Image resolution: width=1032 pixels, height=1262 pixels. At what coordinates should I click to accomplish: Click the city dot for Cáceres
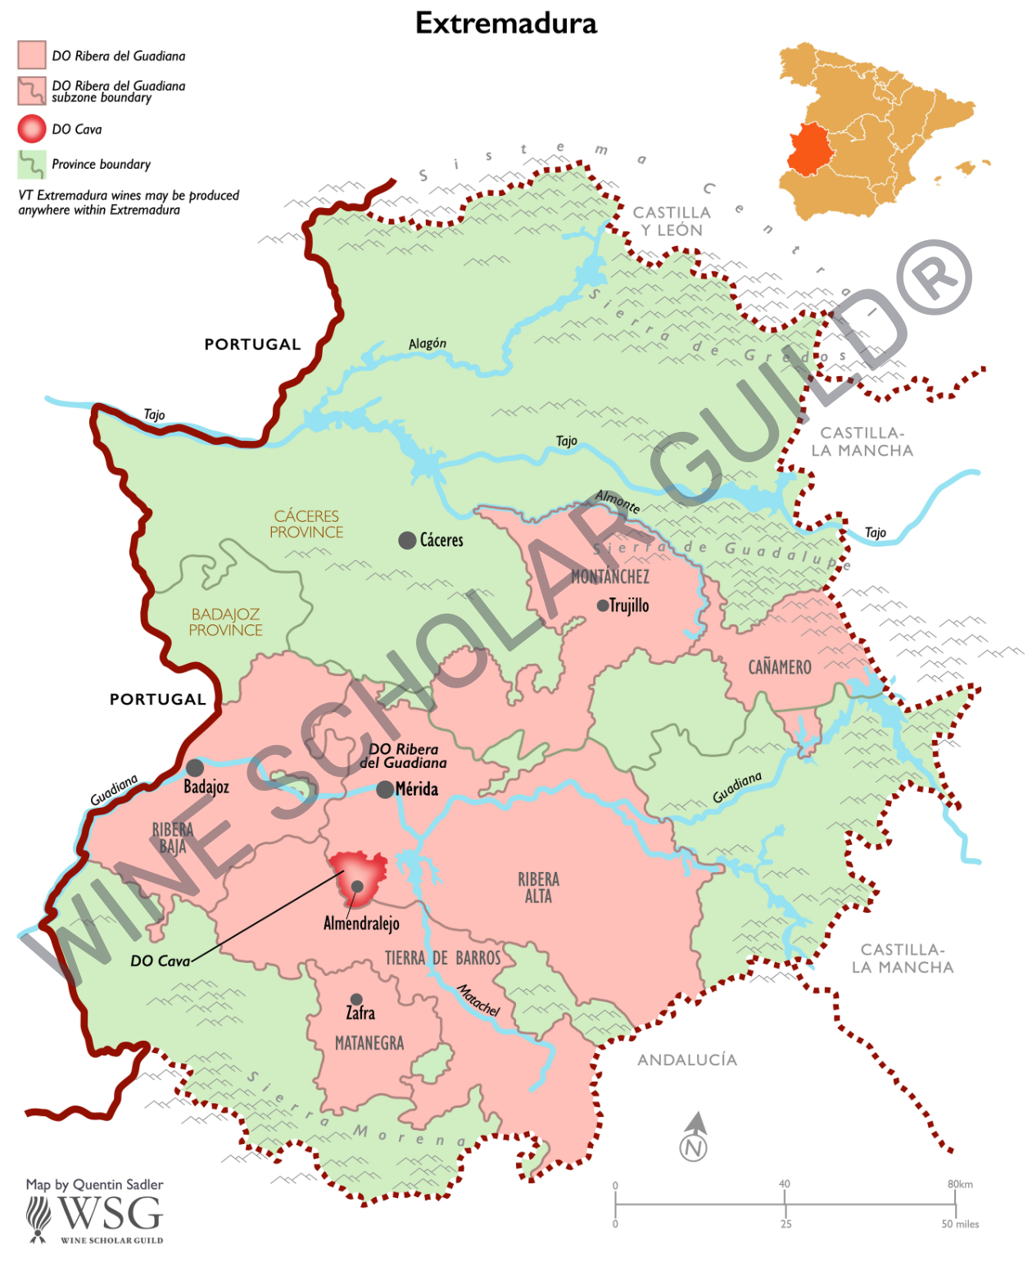point(407,540)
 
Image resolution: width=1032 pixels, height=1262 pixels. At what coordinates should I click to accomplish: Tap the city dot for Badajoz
point(195,768)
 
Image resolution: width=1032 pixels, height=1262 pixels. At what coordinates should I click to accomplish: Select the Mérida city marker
point(385,790)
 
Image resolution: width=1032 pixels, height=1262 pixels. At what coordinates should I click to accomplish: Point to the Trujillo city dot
point(603,606)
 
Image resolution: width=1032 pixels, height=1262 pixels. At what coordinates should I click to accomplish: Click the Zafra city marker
point(356,1000)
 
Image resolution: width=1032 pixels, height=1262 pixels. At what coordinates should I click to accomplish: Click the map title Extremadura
point(506,23)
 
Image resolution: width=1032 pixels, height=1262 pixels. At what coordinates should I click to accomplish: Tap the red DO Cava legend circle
point(32,129)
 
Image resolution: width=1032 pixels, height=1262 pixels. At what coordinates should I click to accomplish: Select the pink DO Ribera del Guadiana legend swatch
point(32,55)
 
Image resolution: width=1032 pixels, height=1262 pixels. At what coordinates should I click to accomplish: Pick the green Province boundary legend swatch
point(32,164)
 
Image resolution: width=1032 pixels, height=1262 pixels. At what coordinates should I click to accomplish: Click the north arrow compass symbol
point(695,1137)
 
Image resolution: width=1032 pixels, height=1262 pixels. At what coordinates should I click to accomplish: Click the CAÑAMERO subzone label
point(780,667)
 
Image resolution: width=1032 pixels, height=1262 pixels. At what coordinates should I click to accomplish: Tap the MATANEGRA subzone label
point(369,1043)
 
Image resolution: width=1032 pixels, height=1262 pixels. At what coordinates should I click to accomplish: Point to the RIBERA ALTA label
point(538,887)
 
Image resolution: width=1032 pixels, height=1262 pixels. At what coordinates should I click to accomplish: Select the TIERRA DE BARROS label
point(442,958)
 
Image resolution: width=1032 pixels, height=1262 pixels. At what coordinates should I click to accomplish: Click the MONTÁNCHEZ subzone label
point(610,577)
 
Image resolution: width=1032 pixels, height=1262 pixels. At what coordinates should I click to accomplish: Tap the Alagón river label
point(428,343)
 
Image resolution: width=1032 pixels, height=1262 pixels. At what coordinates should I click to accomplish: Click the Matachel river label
point(478,1000)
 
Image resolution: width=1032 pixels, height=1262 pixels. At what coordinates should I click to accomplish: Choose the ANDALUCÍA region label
point(687,1060)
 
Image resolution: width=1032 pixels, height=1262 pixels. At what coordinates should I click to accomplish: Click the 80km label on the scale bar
point(960,1184)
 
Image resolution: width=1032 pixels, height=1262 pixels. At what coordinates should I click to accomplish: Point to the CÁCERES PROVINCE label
point(306,524)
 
